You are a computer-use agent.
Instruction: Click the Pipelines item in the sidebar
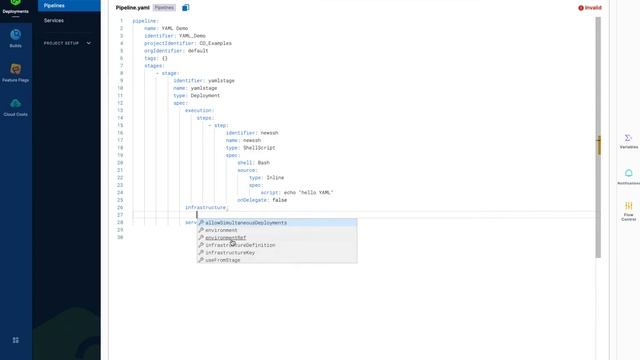[x=54, y=5]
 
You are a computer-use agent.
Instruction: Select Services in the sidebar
[x=54, y=20]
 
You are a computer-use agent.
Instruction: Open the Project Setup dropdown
[x=67, y=43]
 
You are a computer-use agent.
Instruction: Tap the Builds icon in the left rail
[x=15, y=38]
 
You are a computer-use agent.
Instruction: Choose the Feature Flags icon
[x=15, y=71]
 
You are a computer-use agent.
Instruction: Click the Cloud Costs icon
[x=15, y=105]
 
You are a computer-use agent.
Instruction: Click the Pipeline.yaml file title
[x=132, y=7]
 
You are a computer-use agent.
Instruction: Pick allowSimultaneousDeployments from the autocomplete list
[x=246, y=223]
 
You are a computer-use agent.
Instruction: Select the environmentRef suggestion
[x=225, y=238]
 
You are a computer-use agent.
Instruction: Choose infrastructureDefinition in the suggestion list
[x=240, y=245]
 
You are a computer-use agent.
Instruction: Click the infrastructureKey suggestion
[x=230, y=253]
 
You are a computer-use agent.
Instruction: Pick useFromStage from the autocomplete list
[x=223, y=260]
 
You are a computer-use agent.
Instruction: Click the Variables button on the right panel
[x=628, y=140]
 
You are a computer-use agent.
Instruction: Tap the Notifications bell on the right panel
[x=628, y=176]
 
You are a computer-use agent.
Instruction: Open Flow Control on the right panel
[x=628, y=210]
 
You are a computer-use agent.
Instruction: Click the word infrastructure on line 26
[x=206, y=207]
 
